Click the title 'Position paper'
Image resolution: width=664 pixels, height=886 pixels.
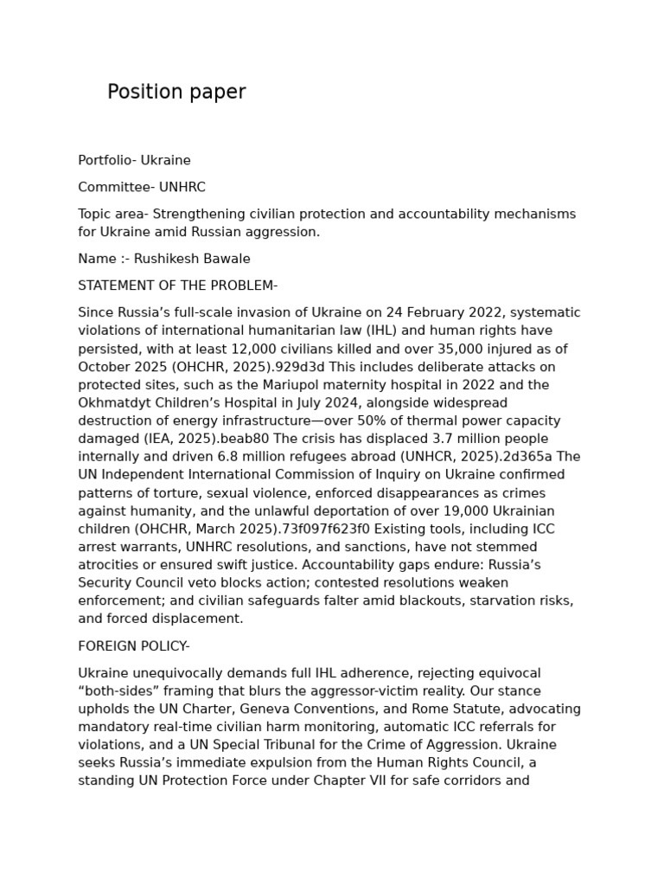coord(176,93)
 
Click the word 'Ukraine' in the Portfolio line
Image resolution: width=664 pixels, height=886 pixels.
coord(166,160)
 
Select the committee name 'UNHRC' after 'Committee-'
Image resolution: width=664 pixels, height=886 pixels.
coord(182,187)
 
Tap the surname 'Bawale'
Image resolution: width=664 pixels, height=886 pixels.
coord(225,259)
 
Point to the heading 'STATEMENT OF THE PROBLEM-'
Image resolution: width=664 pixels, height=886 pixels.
coord(177,286)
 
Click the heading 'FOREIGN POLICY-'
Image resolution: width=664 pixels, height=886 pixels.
coord(134,646)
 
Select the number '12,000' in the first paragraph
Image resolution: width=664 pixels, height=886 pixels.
coord(284,349)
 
